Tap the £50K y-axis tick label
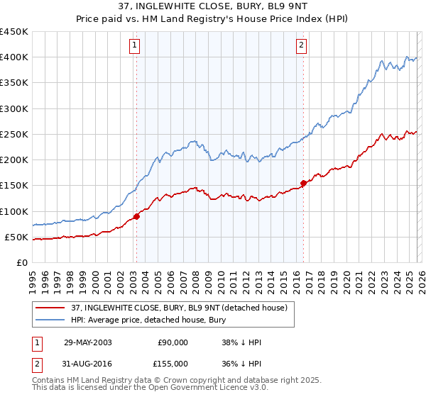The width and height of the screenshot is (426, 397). [x=16, y=237]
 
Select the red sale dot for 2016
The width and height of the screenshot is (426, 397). [x=303, y=183]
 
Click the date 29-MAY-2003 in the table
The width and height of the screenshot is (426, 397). [x=87, y=342]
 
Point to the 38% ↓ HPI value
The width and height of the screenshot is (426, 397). [x=241, y=342]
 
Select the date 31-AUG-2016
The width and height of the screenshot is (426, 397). [x=87, y=364]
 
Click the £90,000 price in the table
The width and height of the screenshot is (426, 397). [x=173, y=342]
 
